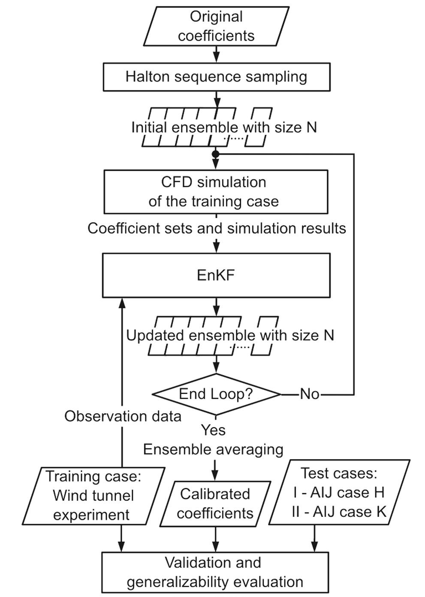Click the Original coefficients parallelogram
(x=216, y=26)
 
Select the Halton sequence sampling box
(x=216, y=77)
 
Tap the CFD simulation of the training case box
(x=216, y=192)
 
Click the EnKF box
(x=216, y=275)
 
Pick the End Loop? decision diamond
(x=216, y=394)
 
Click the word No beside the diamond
(x=310, y=394)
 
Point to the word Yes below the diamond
(x=213, y=430)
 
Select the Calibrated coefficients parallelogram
(x=215, y=504)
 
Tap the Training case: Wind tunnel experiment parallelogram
(x=93, y=496)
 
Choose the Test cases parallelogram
(x=339, y=493)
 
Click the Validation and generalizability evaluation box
(x=215, y=573)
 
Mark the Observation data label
(x=123, y=416)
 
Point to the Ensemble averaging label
(x=213, y=449)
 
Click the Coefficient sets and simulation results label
(x=217, y=228)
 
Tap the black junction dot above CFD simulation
(x=216, y=154)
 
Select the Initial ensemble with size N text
(x=224, y=127)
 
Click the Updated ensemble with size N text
(x=230, y=335)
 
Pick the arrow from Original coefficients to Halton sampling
(x=216, y=54)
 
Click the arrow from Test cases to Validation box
(x=315, y=539)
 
